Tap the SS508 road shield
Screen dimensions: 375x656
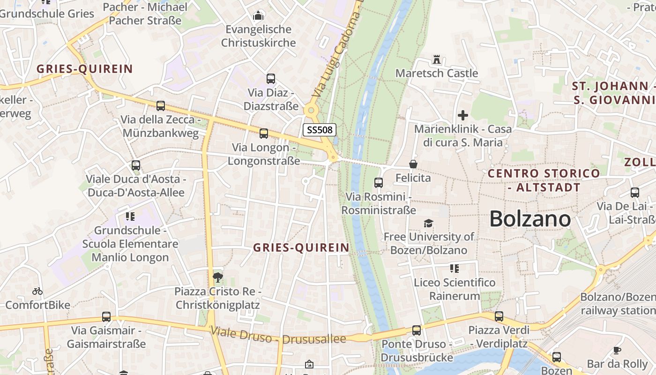(x=320, y=130)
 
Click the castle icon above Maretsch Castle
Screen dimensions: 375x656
(x=437, y=60)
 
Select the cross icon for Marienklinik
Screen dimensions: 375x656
(x=463, y=115)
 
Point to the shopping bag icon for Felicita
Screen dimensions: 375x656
(x=413, y=164)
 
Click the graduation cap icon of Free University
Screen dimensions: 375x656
(x=428, y=223)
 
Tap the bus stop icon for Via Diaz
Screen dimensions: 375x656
(x=271, y=79)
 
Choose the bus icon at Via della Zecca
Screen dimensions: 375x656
(x=161, y=106)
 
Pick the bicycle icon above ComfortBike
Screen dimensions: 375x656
(x=37, y=291)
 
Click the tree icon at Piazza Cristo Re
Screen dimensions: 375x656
(x=217, y=277)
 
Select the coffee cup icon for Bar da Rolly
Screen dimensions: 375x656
(x=617, y=350)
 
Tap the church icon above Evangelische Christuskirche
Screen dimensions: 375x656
(x=258, y=16)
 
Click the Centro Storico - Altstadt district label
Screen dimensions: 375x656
(x=544, y=180)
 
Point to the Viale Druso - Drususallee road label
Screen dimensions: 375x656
(x=278, y=335)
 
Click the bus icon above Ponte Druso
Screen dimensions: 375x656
(x=417, y=330)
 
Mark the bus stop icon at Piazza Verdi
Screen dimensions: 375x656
(x=499, y=316)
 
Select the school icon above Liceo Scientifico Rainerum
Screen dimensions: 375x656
(x=454, y=269)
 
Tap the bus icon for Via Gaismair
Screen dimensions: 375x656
(x=106, y=317)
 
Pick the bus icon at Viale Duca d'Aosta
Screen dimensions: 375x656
(x=136, y=165)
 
